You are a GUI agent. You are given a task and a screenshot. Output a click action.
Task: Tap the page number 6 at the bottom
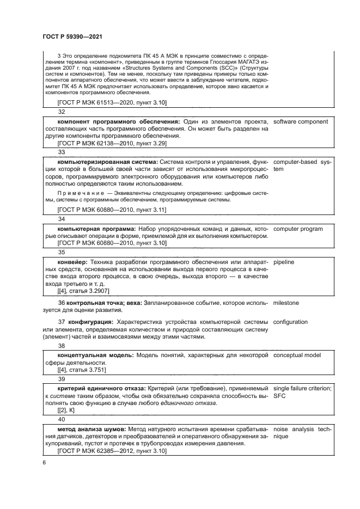point(44,462)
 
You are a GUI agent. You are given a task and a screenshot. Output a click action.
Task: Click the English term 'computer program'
point(298,229)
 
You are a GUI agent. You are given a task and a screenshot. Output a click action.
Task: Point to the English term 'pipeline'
point(284,262)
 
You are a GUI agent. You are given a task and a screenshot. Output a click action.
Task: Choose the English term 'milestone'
point(286,302)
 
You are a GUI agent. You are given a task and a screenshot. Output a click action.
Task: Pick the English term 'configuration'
point(290,322)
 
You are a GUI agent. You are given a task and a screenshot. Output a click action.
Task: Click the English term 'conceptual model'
point(298,355)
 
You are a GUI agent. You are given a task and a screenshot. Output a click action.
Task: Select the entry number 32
point(62,111)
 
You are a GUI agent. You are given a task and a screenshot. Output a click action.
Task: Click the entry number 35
point(62,252)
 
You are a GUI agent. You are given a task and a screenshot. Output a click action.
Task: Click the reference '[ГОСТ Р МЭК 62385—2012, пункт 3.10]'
point(112,451)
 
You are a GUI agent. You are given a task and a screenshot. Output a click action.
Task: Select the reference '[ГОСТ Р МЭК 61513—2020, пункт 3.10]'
point(112,102)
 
